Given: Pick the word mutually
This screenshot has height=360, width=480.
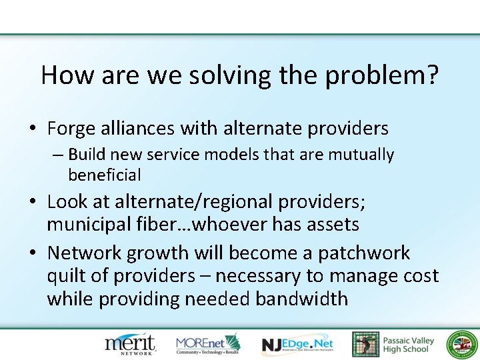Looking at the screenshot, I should [363, 155].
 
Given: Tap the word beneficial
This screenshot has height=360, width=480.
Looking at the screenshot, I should [105, 175].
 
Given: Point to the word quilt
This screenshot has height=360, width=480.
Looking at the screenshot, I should [67, 275].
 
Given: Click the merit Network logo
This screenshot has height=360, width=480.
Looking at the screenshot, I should [130, 344].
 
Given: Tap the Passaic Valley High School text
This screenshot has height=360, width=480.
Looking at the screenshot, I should [408, 345].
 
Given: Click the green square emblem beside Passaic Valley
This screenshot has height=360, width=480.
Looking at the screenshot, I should [365, 345].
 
